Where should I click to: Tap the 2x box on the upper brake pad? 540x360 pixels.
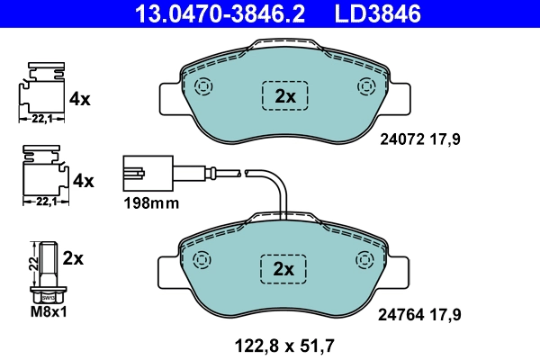point(284,96)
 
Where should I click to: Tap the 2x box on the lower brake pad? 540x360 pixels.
point(284,269)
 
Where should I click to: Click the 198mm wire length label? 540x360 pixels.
point(150,203)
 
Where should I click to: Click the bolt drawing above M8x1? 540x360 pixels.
point(49,270)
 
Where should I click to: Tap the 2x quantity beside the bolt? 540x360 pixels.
point(74,258)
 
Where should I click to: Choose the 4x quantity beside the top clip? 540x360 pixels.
point(80,99)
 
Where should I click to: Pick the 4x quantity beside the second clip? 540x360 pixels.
point(83,181)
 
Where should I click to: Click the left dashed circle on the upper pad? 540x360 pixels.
point(202,87)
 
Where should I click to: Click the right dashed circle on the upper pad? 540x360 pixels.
point(365,87)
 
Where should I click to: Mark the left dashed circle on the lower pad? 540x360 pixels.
point(202,260)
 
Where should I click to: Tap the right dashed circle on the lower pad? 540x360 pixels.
point(365,260)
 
